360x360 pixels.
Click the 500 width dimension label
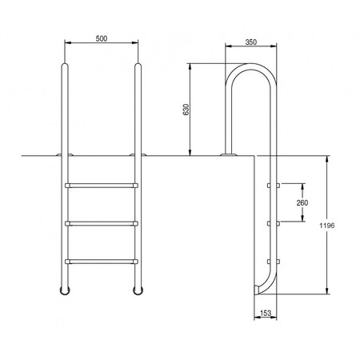click(x=102, y=38)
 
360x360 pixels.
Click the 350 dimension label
click(x=251, y=42)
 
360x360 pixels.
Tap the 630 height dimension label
click(x=186, y=110)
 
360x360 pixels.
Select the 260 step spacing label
click(x=302, y=203)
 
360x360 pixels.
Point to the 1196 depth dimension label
click(x=327, y=226)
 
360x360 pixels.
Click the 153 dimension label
click(x=266, y=313)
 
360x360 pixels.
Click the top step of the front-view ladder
click(x=102, y=186)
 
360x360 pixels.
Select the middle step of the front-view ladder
click(x=102, y=223)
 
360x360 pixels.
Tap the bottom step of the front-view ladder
click(x=102, y=262)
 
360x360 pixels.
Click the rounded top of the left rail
click(x=65, y=65)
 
